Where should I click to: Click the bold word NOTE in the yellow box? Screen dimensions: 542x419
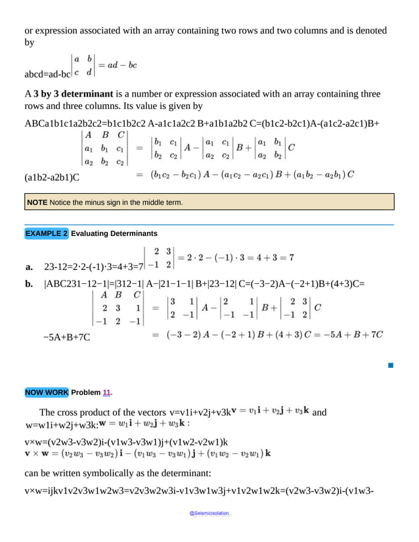click(36, 203)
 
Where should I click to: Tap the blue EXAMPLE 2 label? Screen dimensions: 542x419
click(46, 233)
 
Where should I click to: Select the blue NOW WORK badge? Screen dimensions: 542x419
click(46, 393)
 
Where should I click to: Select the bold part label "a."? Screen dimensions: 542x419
click(29, 267)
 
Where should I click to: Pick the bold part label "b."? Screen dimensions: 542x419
click(29, 284)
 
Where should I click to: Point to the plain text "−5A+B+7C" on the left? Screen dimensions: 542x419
click(66, 337)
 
